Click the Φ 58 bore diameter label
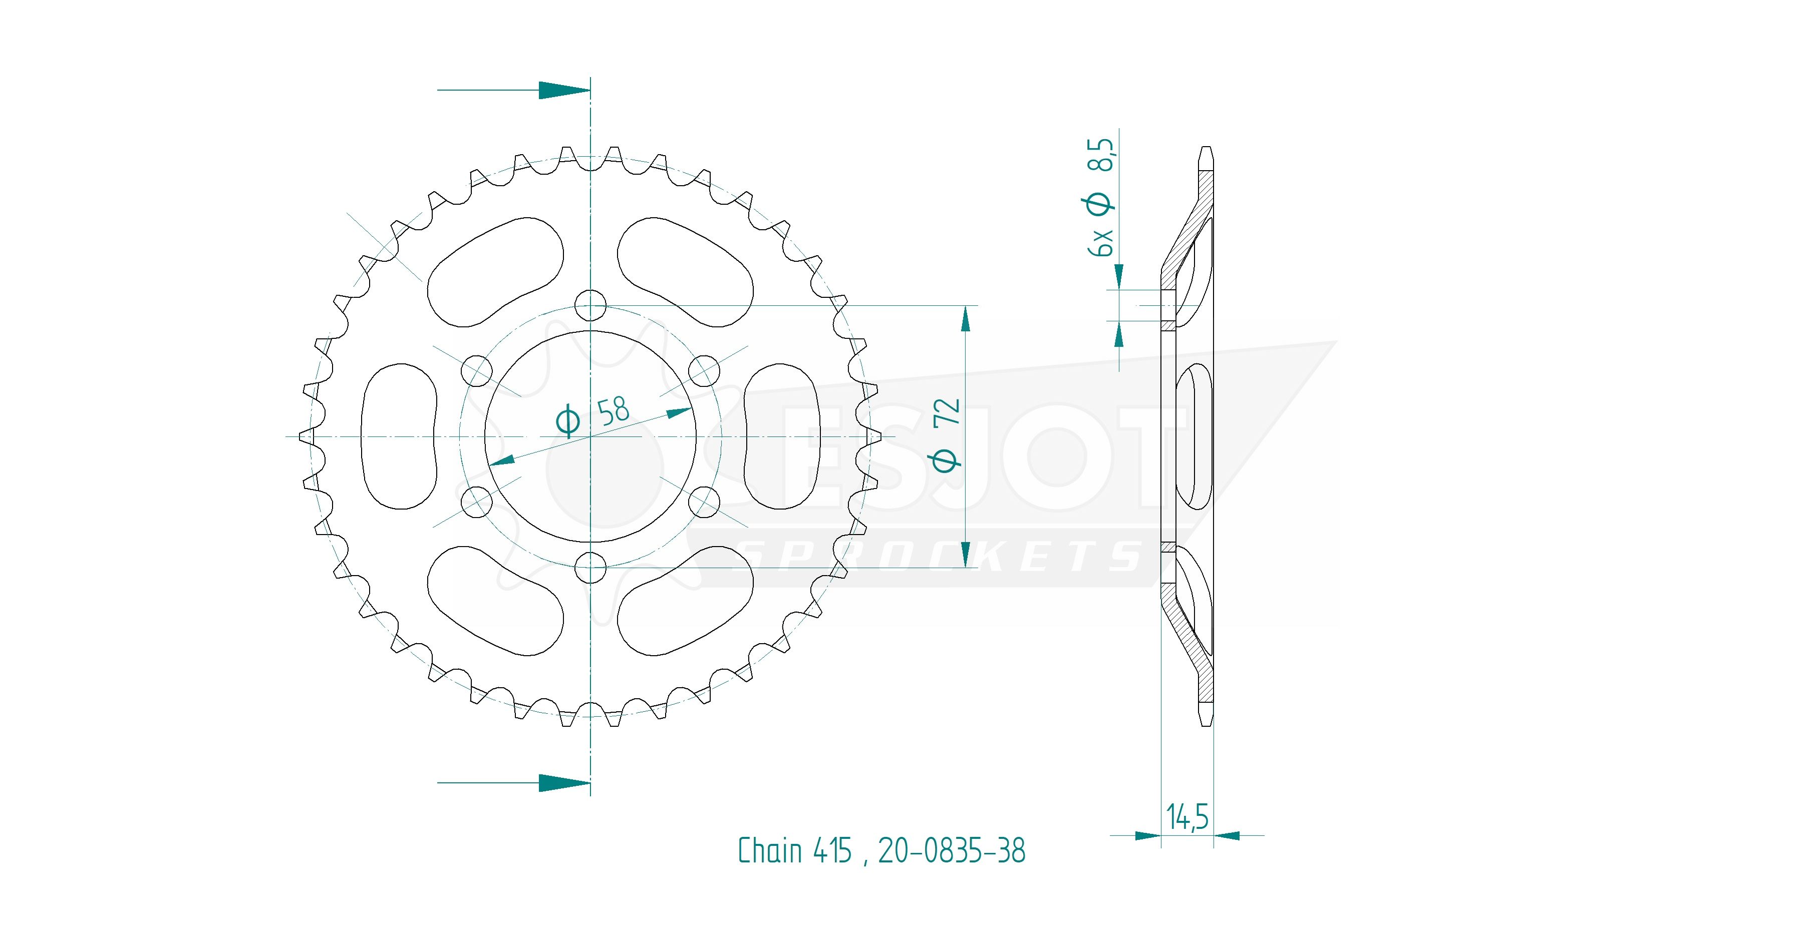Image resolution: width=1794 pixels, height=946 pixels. pos(592,416)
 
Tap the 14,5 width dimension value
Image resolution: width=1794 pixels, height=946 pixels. pos(1187,816)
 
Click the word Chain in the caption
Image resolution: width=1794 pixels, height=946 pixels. pos(770,850)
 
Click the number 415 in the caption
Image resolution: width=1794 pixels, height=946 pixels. pos(832,850)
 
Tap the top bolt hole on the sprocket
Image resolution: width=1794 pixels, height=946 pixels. pos(590,305)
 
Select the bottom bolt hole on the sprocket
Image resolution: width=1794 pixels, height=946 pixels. pos(590,567)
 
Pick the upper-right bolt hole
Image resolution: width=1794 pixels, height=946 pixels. pos(704,370)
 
